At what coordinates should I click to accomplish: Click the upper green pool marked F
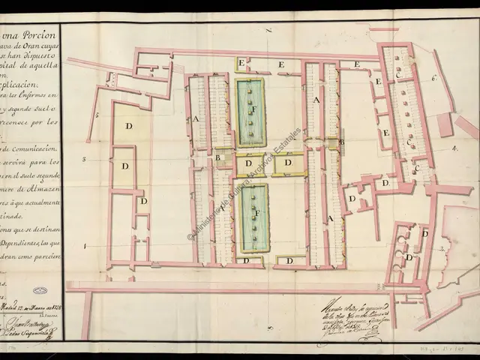[251, 113]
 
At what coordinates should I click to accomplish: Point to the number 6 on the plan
[434, 76]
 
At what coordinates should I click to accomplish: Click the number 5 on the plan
[97, 115]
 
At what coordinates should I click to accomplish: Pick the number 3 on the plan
[85, 159]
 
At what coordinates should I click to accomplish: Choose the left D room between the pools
[248, 163]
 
